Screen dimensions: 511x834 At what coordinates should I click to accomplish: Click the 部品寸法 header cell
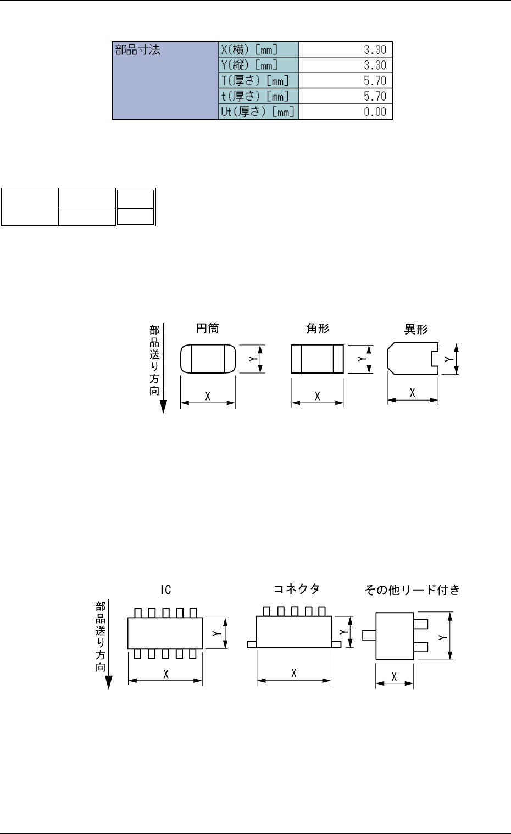click(165, 80)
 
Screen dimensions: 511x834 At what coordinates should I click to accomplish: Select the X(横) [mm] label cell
click(258, 49)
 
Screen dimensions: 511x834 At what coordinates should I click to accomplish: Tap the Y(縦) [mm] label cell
click(258, 65)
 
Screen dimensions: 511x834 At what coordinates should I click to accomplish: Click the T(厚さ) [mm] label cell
click(258, 80)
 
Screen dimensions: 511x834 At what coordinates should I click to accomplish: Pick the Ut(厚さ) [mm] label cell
click(258, 112)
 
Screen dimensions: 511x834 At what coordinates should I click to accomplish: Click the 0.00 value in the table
click(375, 112)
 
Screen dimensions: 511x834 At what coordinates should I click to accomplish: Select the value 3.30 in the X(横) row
click(375, 49)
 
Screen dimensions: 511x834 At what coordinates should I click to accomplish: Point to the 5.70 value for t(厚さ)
click(375, 96)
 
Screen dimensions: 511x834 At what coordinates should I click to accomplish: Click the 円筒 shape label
click(208, 329)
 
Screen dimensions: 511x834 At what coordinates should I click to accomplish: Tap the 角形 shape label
click(318, 329)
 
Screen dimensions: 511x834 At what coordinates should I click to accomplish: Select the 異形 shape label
click(416, 329)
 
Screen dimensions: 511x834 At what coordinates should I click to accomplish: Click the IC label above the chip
click(166, 590)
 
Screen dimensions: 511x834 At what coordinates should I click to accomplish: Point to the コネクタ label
click(297, 589)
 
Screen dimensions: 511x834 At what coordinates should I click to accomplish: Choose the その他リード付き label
click(412, 590)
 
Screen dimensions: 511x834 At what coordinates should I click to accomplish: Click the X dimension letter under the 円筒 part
click(208, 396)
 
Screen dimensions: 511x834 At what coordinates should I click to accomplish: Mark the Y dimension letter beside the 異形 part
click(449, 359)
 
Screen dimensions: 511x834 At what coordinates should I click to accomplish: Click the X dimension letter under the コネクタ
click(294, 673)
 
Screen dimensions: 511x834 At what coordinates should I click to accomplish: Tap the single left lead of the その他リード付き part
click(369, 635)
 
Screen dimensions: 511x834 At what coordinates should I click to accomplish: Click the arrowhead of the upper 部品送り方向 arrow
click(163, 407)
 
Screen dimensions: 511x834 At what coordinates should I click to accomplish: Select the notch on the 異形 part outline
click(435, 359)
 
